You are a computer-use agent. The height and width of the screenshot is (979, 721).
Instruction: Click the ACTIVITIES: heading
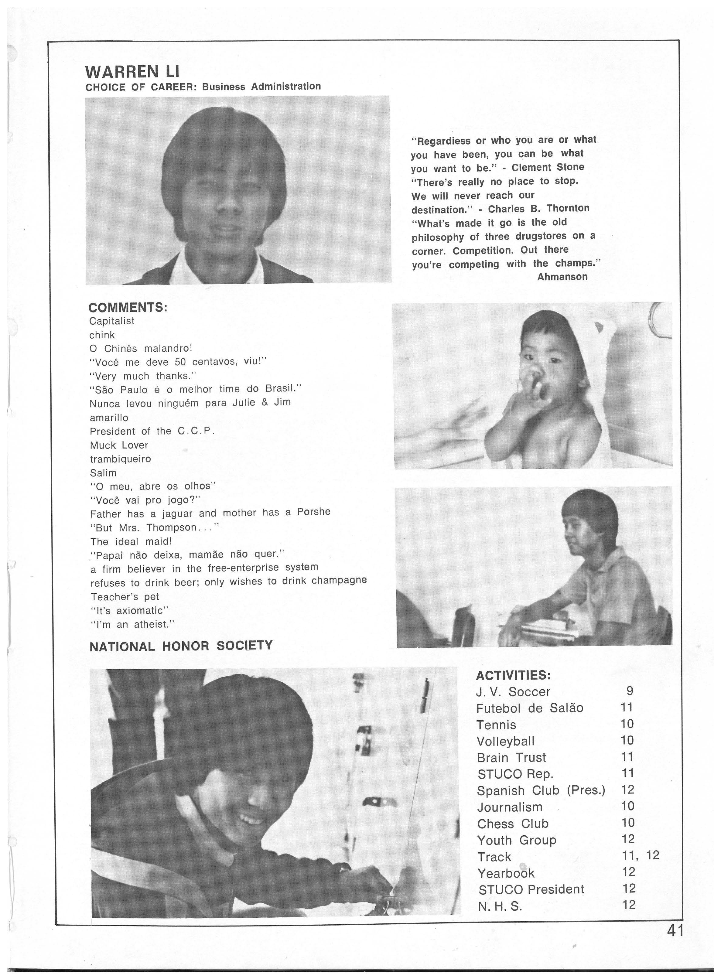pyautogui.click(x=513, y=675)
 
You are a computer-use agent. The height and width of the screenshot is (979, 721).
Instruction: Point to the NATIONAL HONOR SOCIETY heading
pyautogui.click(x=181, y=646)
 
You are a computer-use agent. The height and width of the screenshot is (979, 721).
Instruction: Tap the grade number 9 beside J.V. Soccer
pyautogui.click(x=629, y=691)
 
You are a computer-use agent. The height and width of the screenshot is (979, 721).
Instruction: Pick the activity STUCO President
pyautogui.click(x=531, y=889)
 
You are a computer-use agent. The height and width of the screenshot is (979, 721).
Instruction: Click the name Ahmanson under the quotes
pyautogui.click(x=562, y=277)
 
